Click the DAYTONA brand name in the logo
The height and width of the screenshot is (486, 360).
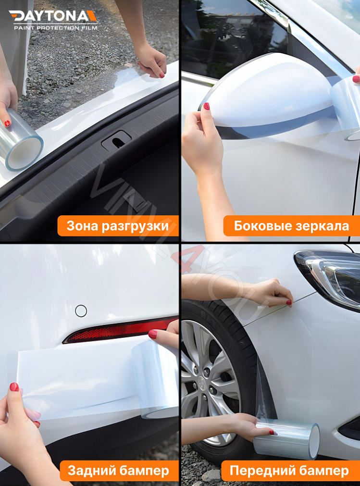[53, 16]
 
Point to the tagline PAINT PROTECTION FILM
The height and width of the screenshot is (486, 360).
[55, 28]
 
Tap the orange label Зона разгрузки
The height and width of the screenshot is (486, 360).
[118, 226]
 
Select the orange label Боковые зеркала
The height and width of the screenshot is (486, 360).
[291, 226]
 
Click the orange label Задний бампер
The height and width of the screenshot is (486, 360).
[118, 471]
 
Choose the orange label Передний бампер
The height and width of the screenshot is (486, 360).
[289, 471]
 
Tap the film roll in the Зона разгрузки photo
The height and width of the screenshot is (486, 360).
[21, 142]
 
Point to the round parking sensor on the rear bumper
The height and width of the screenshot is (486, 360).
[81, 311]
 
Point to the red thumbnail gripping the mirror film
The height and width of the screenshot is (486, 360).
[206, 106]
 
